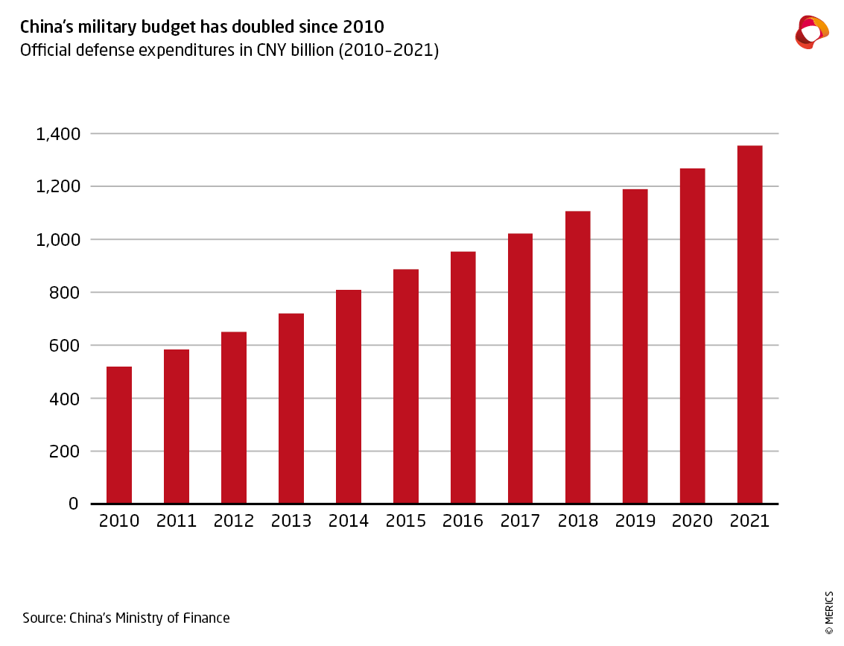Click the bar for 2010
(119, 435)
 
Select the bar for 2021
(749, 324)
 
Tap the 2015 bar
(406, 386)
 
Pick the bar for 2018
(578, 357)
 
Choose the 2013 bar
(291, 408)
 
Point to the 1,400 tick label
(57, 134)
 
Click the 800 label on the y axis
(63, 293)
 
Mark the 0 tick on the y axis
(73, 504)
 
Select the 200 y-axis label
(63, 452)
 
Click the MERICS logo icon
(811, 32)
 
